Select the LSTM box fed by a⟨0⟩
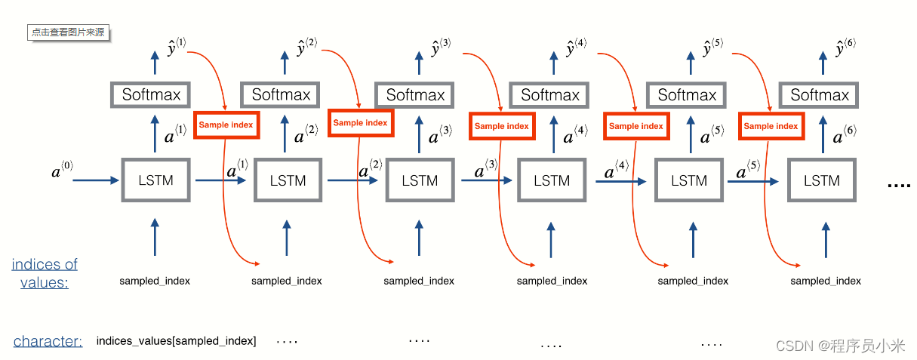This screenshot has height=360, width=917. pyautogui.click(x=156, y=180)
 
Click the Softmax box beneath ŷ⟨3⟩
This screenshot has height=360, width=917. pyautogui.click(x=415, y=95)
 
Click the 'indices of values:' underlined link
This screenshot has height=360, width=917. pyautogui.click(x=45, y=273)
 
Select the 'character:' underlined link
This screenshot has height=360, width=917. pyautogui.click(x=48, y=341)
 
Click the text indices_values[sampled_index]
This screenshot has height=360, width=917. pyautogui.click(x=176, y=341)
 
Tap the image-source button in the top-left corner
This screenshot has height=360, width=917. pyautogui.click(x=67, y=32)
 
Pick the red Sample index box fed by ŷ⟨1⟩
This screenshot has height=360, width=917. pyautogui.click(x=226, y=125)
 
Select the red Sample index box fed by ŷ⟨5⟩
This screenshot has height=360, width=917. pyautogui.click(x=771, y=126)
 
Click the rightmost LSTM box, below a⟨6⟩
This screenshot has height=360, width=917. pyautogui.click(x=821, y=180)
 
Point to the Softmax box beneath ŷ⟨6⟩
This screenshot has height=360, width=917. pyautogui.click(x=820, y=95)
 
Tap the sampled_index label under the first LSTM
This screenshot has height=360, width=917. pyautogui.click(x=155, y=281)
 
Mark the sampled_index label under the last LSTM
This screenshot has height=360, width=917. pyautogui.click(x=826, y=281)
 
